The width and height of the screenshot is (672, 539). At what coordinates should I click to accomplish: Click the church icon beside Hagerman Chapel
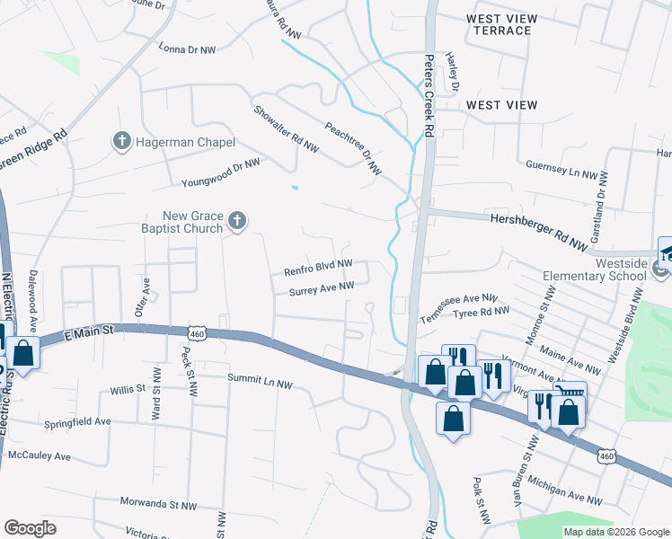click(121, 141)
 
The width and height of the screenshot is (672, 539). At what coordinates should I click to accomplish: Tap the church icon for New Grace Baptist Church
click(237, 221)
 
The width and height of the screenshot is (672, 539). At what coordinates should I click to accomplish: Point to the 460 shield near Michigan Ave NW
click(607, 457)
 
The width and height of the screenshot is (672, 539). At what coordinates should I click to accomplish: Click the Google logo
click(30, 527)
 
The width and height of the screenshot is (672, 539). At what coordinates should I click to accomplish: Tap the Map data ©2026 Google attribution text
click(615, 532)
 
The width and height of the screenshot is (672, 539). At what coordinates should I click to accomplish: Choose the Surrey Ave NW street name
click(322, 288)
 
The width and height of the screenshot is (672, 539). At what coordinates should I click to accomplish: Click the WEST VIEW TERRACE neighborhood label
click(501, 25)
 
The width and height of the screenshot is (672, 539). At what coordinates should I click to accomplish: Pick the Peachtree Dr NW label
click(353, 148)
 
